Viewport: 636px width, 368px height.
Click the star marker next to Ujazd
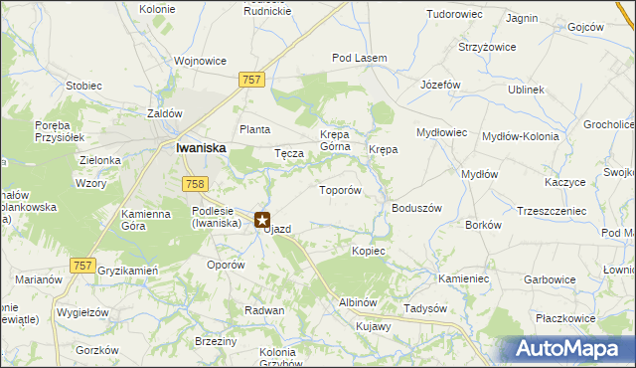pos(262,220)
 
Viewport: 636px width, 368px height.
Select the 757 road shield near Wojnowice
pos(251,79)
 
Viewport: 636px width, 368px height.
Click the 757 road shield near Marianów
pos(83,266)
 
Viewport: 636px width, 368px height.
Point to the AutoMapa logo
pos(570,348)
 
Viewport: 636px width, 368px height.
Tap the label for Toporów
pos(338,189)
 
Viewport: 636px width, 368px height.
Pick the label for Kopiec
pos(368,251)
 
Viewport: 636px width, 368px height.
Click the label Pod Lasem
pos(359,59)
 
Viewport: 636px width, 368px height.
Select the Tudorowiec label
pos(453,15)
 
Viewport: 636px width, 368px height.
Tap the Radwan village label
pos(265,310)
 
